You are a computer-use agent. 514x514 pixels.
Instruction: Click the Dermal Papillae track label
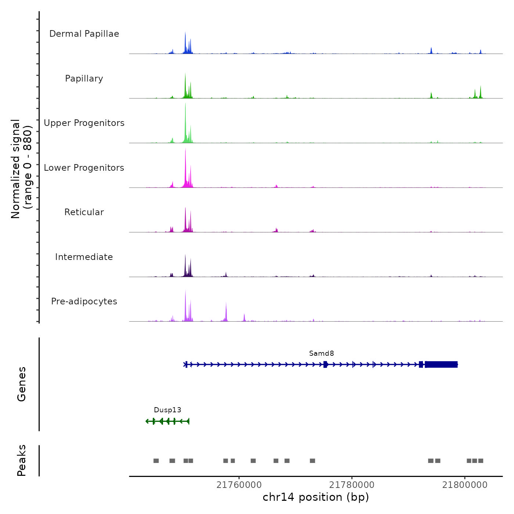tap(84, 34)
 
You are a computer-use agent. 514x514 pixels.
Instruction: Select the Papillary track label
tap(84, 79)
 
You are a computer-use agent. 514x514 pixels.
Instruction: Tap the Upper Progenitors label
tap(84, 123)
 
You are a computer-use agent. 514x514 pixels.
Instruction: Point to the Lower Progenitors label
tap(84, 168)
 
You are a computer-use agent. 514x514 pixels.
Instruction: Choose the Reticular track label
tap(84, 212)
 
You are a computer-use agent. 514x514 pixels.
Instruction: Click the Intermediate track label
tap(84, 257)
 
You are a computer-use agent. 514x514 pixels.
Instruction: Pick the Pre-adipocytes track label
tap(84, 301)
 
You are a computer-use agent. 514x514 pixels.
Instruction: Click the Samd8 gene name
tap(322, 354)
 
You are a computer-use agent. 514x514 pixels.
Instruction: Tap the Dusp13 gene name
tap(167, 410)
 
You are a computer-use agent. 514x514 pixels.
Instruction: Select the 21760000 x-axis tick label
tap(239, 485)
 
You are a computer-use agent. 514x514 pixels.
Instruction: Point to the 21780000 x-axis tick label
tap(352, 485)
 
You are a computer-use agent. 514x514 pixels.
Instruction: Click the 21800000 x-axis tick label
tap(465, 485)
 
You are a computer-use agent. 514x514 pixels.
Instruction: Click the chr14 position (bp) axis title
tap(316, 497)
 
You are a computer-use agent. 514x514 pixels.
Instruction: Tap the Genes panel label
tap(22, 384)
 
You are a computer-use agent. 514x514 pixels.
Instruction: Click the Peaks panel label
tap(22, 460)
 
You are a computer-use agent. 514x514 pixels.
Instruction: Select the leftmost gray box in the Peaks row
tap(156, 461)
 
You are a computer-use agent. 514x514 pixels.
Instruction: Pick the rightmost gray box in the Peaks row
tap(481, 461)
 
